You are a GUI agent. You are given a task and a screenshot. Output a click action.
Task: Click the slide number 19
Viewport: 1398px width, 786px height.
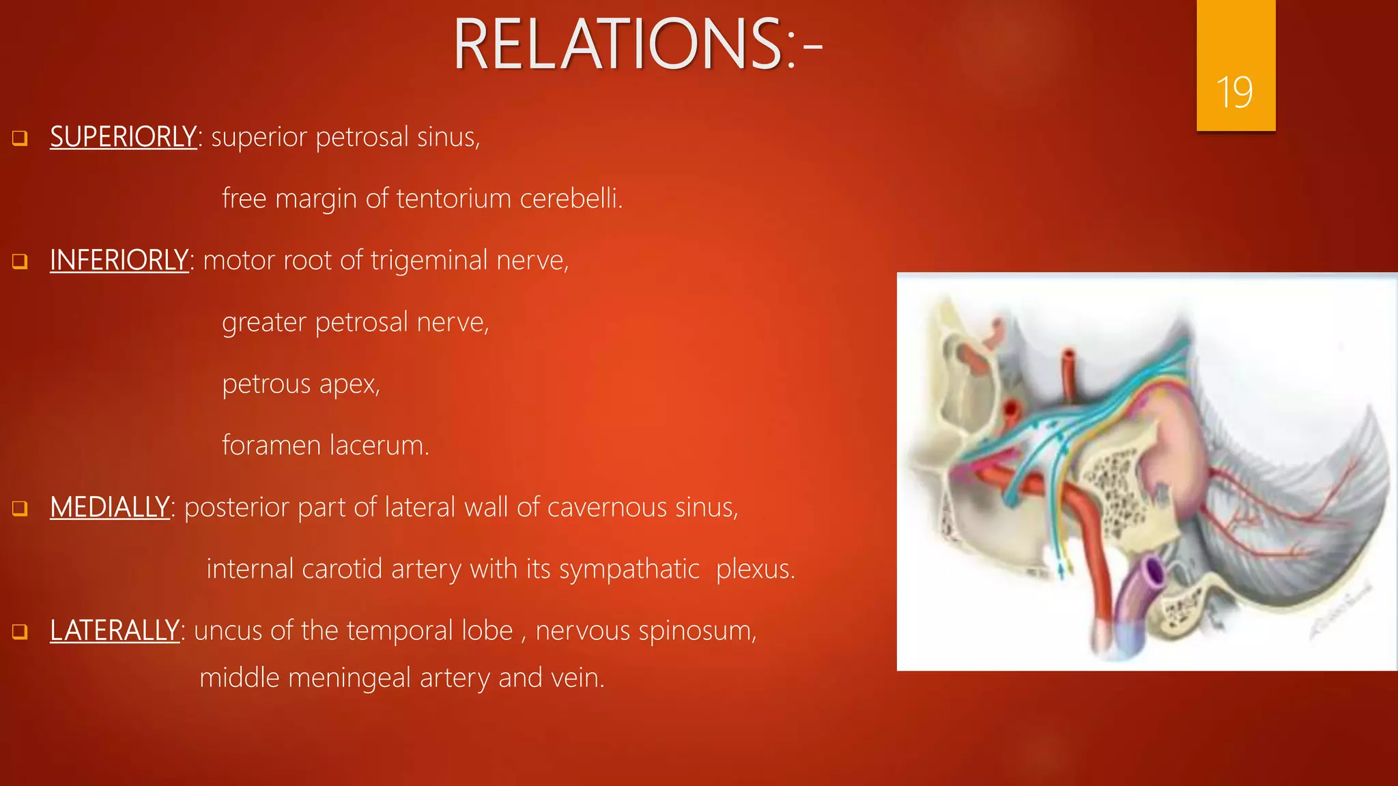1234,93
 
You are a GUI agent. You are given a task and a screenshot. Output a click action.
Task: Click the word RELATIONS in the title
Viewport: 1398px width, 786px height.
618,45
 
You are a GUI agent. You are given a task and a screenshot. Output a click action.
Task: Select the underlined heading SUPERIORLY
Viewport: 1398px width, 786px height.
124,137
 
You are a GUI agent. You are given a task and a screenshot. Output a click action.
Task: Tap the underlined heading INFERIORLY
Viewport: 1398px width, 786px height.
119,261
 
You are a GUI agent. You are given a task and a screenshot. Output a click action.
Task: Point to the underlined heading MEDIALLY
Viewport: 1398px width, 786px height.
109,508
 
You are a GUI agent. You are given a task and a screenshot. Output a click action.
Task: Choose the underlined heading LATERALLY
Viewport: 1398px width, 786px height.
115,630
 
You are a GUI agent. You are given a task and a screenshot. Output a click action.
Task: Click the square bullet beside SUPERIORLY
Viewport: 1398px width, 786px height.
20,139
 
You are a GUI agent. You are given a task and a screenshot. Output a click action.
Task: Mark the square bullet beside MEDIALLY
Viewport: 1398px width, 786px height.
20,508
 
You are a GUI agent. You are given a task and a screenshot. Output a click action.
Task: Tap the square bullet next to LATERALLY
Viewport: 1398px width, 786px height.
20,632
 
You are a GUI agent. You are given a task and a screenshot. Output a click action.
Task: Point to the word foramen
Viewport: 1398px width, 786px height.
271,446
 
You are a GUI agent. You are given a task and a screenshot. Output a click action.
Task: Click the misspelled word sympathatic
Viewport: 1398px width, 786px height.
629,569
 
